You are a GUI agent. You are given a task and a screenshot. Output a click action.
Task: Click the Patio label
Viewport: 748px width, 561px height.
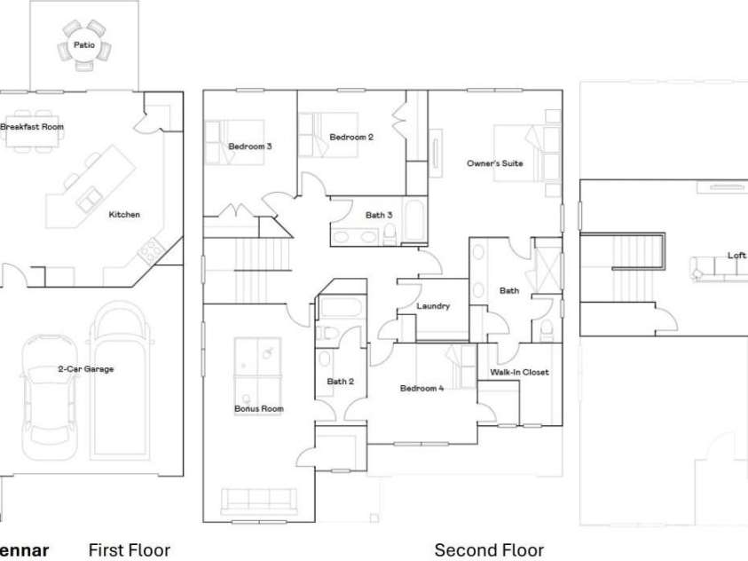(x=84, y=45)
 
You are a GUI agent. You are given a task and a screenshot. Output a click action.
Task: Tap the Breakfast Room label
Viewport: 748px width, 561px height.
(x=32, y=127)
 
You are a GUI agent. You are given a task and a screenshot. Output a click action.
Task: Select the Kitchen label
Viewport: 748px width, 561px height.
(x=124, y=215)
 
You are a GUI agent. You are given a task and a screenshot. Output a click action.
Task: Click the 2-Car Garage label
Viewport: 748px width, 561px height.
(x=86, y=368)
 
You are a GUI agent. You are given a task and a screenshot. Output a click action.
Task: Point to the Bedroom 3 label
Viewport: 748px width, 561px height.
(x=250, y=146)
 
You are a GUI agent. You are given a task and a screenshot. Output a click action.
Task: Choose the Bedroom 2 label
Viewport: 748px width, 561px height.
(x=351, y=138)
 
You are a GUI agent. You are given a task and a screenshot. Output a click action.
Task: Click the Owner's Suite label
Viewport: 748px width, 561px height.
(x=495, y=163)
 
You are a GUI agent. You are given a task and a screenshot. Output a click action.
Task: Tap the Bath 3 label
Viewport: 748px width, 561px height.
(x=379, y=215)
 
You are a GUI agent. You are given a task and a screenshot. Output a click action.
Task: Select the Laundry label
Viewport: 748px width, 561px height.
(x=433, y=306)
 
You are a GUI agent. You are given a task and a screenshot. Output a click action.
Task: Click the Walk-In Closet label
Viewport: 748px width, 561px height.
(x=519, y=372)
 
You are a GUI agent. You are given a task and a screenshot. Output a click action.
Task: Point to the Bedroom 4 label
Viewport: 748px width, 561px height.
(x=422, y=388)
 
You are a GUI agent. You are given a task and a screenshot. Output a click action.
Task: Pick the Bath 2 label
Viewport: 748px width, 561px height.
(x=341, y=382)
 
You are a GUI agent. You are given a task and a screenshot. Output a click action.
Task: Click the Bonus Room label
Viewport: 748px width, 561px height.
(x=259, y=409)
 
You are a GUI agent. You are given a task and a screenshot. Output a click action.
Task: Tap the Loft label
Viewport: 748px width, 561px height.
(x=736, y=256)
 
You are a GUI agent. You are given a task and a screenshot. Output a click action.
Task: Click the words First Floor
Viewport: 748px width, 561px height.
(x=130, y=550)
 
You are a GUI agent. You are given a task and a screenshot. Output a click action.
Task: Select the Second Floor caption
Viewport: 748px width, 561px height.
(x=490, y=550)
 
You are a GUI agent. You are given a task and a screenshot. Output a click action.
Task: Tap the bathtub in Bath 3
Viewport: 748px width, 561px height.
(x=414, y=221)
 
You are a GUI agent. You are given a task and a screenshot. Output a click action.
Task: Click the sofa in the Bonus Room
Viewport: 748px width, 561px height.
(x=259, y=501)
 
